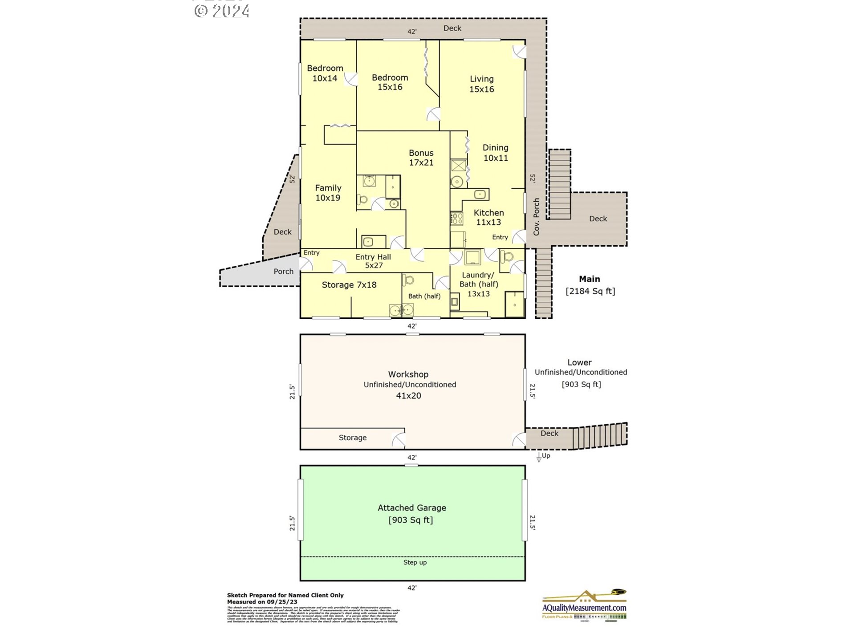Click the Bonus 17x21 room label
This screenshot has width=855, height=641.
[421, 158]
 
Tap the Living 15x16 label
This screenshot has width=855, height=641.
[481, 84]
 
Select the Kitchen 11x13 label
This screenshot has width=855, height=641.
[489, 217]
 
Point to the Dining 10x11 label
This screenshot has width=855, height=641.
[495, 152]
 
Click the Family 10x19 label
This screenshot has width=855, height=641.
[328, 193]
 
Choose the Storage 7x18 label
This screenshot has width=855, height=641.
[349, 285]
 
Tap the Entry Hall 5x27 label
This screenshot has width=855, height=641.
[373, 261]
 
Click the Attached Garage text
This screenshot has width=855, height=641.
[411, 507]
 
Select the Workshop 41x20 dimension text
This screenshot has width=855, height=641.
[408, 396]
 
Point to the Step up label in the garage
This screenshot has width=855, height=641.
[415, 562]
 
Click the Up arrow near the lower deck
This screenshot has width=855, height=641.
[539, 457]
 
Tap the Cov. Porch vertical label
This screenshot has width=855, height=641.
[536, 217]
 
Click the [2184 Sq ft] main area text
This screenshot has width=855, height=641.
[590, 291]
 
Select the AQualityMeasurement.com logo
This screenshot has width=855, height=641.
[584, 605]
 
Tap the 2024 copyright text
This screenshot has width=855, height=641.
[222, 11]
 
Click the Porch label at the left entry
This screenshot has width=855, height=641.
[283, 272]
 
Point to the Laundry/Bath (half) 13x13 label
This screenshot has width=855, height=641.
[478, 284]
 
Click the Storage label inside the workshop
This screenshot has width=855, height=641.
[352, 438]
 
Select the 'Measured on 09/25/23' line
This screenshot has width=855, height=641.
[262, 602]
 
